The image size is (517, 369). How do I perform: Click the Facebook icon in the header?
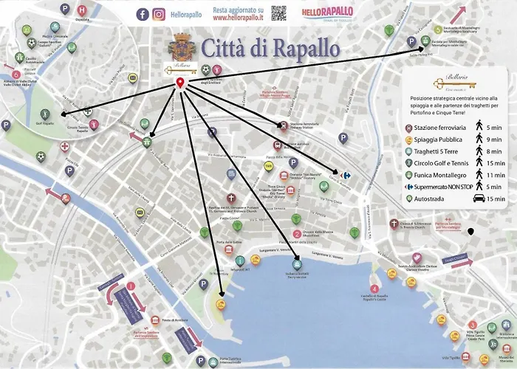click(143, 14)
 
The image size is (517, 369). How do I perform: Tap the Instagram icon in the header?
click(159, 14)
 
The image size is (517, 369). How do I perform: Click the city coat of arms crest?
click(181, 48)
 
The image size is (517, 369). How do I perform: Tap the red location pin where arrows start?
click(180, 85)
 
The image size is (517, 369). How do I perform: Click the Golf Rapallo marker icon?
click(43, 114)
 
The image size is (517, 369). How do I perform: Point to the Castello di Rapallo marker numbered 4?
click(374, 289)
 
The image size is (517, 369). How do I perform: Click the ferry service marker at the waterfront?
click(296, 263)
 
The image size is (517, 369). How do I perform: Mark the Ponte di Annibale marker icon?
click(156, 320)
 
